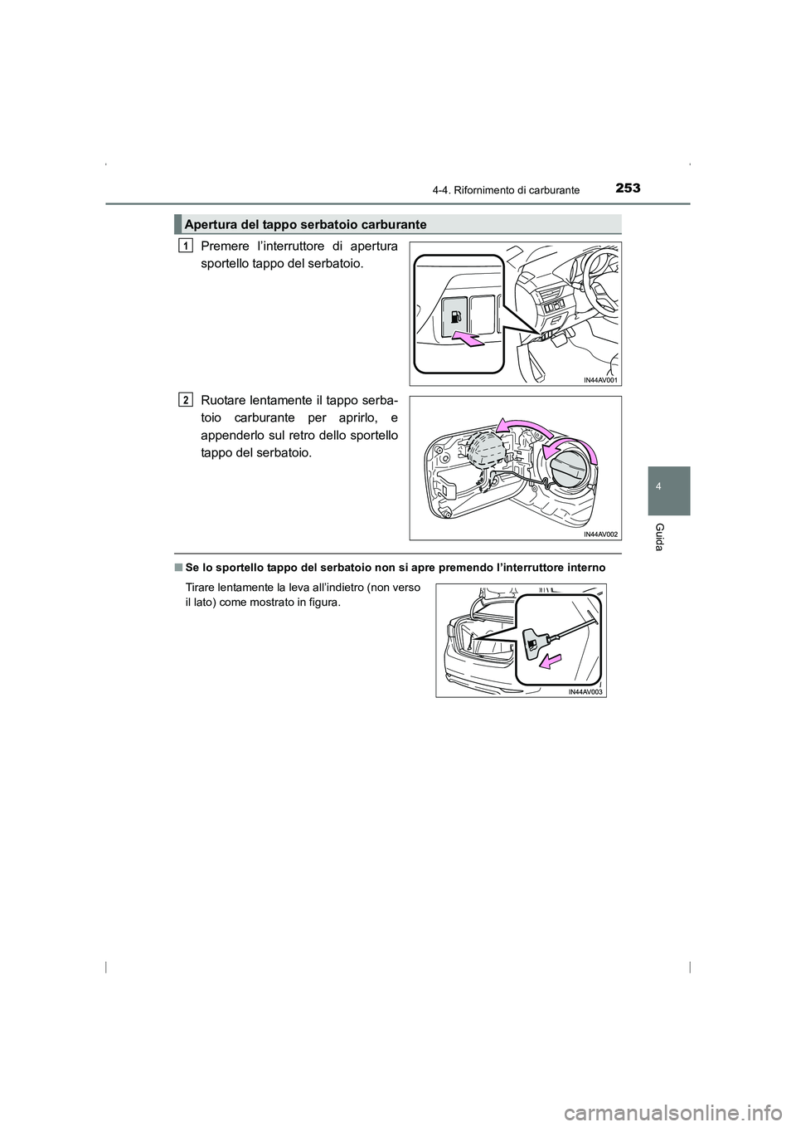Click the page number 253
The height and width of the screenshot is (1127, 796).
[627, 188]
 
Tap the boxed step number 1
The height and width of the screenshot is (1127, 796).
[186, 245]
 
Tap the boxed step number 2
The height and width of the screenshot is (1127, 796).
[186, 399]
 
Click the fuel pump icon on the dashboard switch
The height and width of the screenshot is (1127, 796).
[455, 318]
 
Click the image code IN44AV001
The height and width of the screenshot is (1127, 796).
[600, 380]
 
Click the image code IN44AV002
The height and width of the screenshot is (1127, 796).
[600, 534]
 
